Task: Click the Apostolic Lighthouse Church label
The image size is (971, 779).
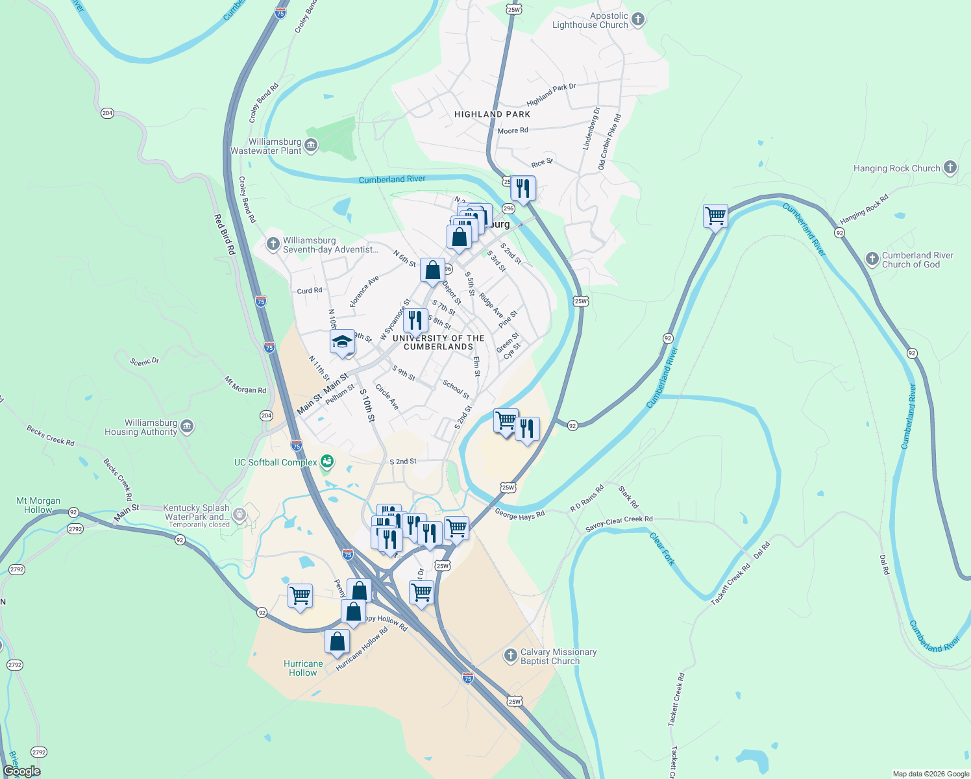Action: point(590,21)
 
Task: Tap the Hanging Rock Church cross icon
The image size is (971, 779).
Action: point(950,168)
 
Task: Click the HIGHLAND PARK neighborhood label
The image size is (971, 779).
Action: point(492,114)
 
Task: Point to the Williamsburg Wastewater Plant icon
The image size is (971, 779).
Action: point(311,145)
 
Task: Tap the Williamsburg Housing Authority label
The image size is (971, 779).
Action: point(141,427)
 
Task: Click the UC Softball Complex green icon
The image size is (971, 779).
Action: point(327,462)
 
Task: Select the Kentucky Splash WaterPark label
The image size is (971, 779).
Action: point(196,512)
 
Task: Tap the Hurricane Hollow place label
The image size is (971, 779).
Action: point(303,668)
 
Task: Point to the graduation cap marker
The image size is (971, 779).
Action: point(342,342)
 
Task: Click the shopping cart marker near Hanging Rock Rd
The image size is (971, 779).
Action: point(715,216)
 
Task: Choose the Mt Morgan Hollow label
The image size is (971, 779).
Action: point(38,505)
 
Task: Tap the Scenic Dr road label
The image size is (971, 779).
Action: point(144,362)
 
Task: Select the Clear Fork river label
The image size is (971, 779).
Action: point(663,549)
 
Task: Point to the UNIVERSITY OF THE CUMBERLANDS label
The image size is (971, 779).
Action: point(438,342)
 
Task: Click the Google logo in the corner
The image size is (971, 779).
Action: point(21,771)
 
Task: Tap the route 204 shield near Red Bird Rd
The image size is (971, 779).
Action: point(108,113)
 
